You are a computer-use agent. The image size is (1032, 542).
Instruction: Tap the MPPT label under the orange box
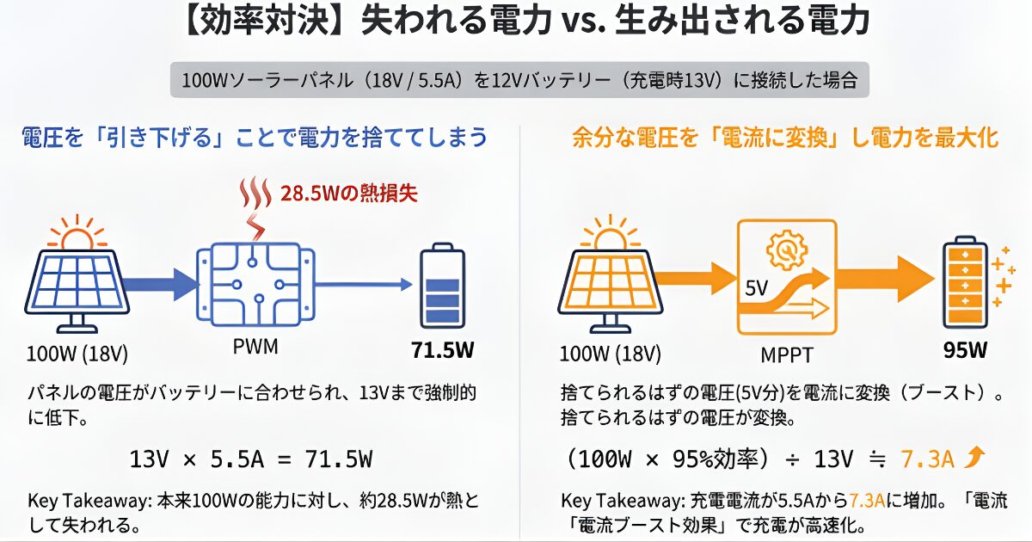786,354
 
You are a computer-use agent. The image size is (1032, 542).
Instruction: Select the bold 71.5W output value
442,351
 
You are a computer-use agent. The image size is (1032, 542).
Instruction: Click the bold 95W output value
963,350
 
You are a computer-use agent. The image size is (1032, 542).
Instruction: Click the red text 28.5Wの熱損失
348,194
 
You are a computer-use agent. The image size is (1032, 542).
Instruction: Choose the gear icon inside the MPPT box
786,249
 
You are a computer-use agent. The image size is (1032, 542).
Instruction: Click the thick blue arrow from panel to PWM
163,281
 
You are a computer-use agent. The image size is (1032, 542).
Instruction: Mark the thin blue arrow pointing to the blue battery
362,282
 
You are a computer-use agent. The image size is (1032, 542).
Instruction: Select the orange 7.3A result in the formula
927,459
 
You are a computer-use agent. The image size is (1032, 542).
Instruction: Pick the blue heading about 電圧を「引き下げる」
254,136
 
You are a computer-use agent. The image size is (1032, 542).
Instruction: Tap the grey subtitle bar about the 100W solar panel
519,81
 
